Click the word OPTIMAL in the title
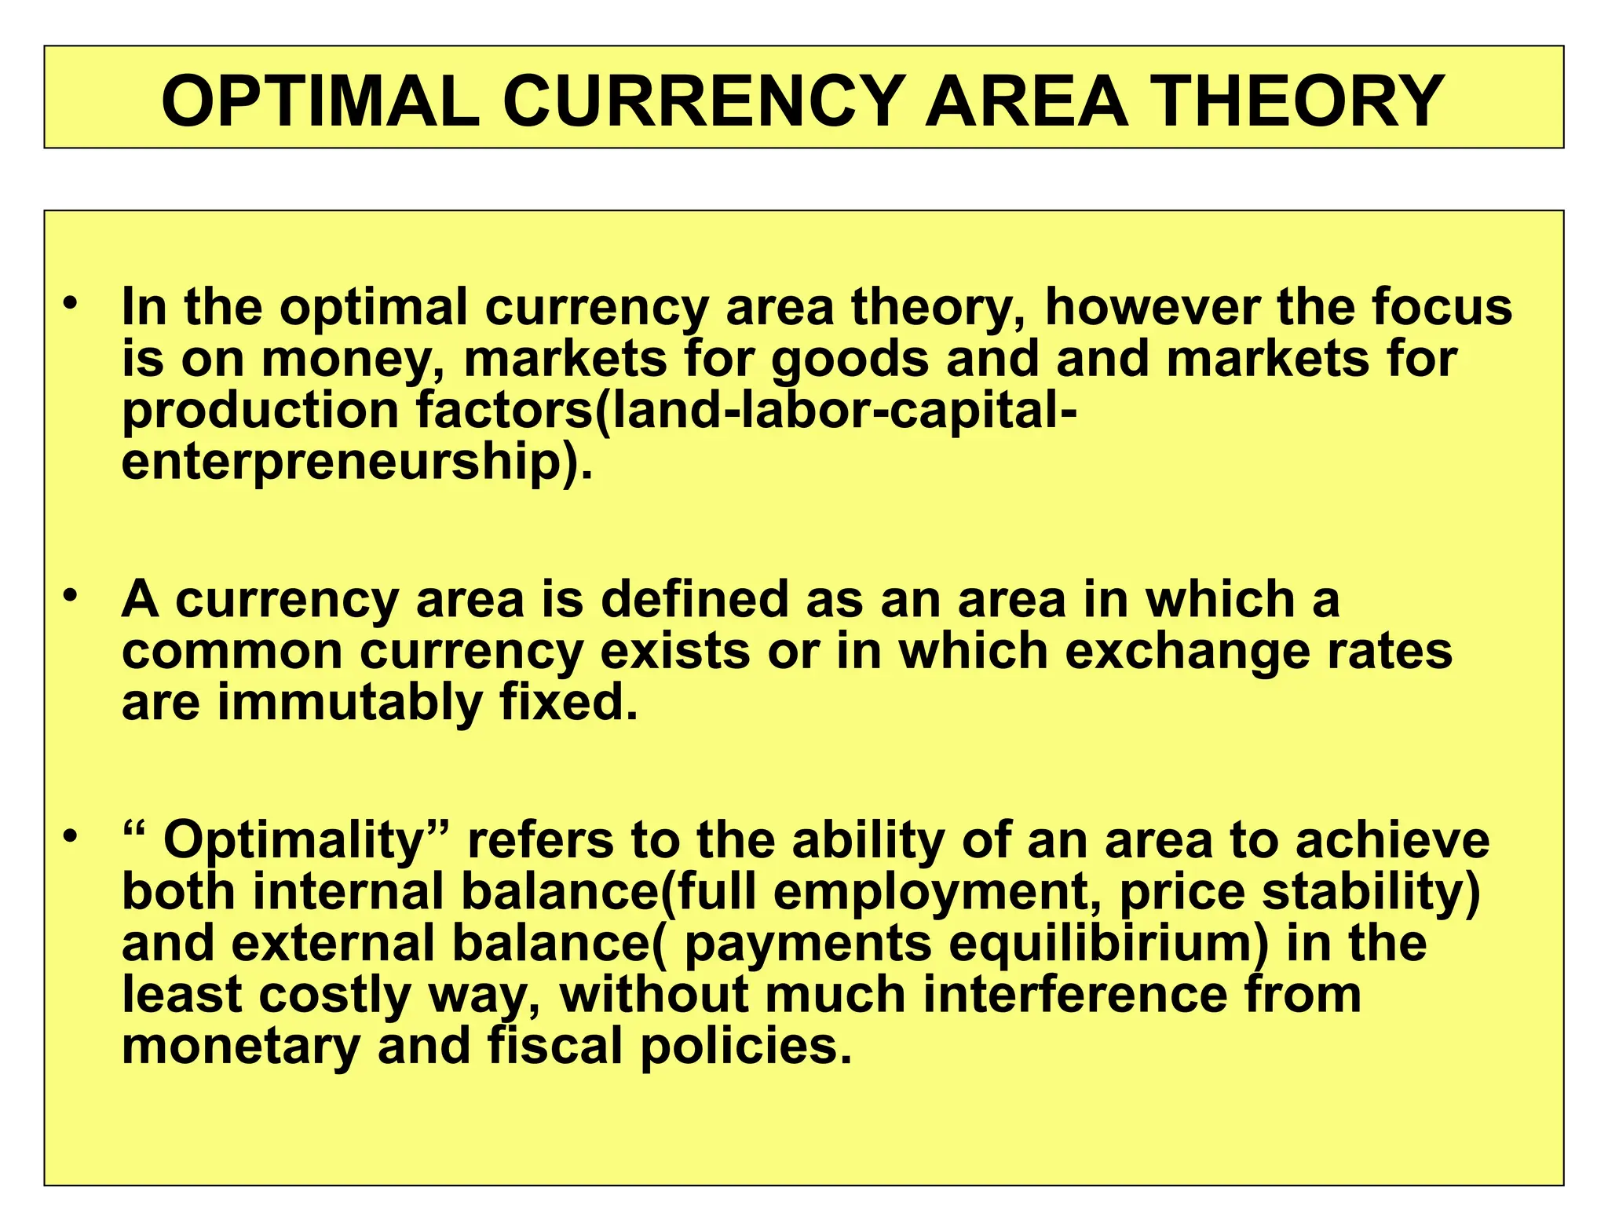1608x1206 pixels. click(320, 101)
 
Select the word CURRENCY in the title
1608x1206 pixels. click(703, 101)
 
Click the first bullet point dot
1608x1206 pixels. click(71, 302)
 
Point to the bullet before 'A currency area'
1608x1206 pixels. click(71, 595)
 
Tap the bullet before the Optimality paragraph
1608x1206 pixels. click(71, 836)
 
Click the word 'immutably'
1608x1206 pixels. click(349, 703)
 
